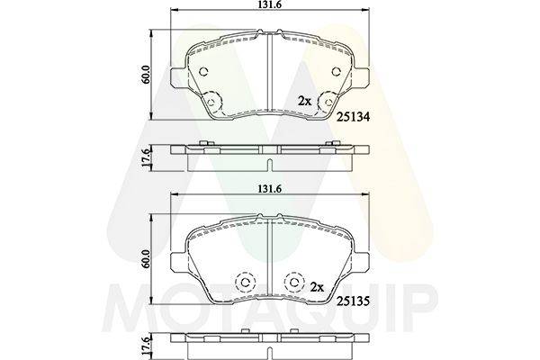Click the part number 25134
pos(353,117)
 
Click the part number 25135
pos(353,301)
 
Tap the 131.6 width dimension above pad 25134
pos(270,4)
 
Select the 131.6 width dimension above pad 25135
pos(270,189)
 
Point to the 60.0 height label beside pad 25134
pos(146,75)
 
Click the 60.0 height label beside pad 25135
pos(146,259)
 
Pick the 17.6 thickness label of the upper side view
pos(146,158)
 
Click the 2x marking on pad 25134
pos(304,102)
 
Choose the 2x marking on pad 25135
pos(317,286)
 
